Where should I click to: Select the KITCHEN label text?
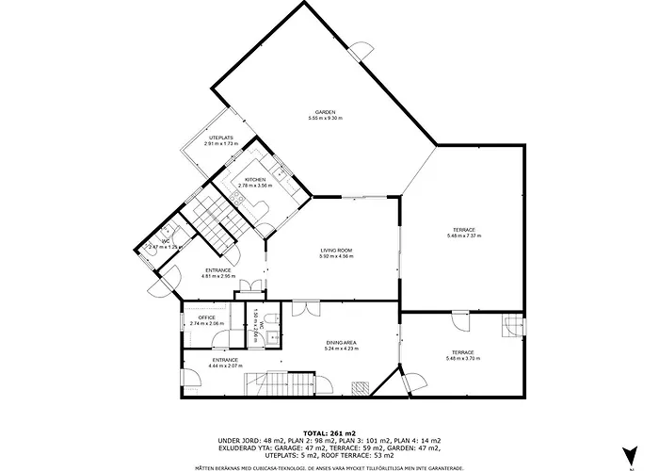pos(255,179)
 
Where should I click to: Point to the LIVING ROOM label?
pos(336,250)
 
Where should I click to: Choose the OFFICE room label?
pos(207,318)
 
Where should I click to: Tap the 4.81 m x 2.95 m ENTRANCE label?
pos(218,271)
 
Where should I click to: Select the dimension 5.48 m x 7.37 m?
pos(463,236)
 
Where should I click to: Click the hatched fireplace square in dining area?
pos(359,386)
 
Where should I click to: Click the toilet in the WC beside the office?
pos(269,320)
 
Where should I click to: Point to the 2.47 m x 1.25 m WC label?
pos(165,245)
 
